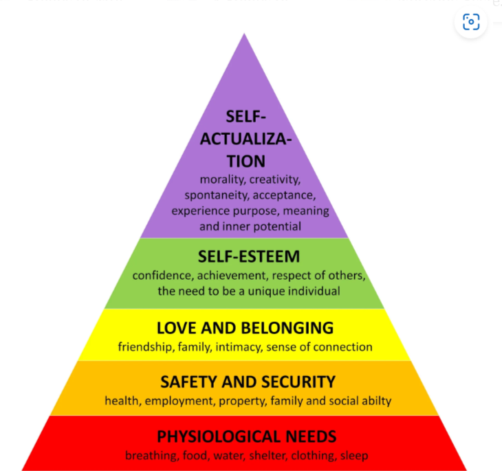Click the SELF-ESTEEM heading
(249, 257)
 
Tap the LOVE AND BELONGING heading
(245, 328)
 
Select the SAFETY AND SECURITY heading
(248, 382)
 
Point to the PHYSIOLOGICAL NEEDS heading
(247, 436)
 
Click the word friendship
(144, 347)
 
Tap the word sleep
(354, 455)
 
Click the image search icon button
(471, 22)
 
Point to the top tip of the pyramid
(244, 34)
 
